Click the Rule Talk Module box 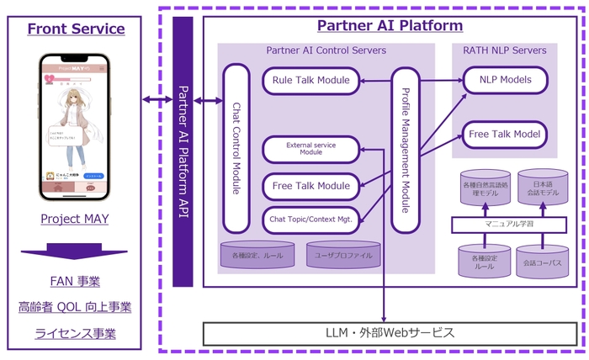coord(310,81)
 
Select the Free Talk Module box coord(310,185)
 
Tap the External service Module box coord(310,149)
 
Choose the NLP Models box coord(504,81)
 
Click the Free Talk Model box coord(504,135)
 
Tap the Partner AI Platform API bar coord(183,152)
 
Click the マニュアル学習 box coord(504,225)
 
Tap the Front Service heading coord(76,29)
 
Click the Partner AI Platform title coord(389,26)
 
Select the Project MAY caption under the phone coord(76,219)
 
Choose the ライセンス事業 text coord(76,333)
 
